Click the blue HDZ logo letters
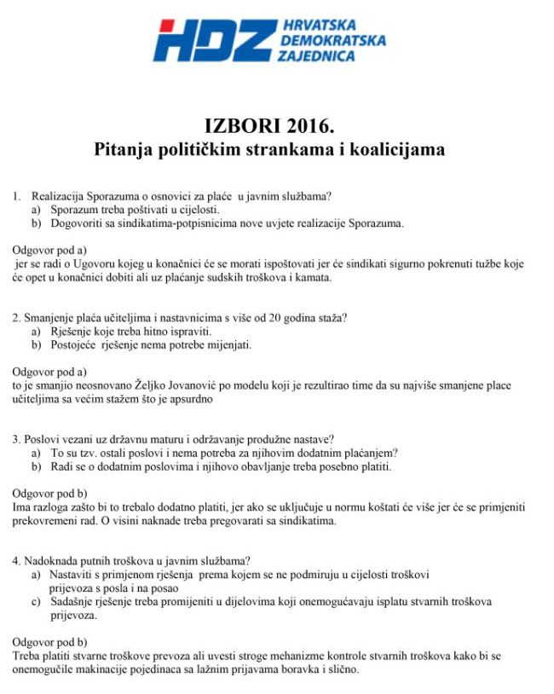coord(213,40)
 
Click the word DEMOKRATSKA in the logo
coord(331,40)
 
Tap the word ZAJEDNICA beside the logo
coord(316,55)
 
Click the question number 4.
coord(16,561)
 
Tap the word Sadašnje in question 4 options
coord(73,602)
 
